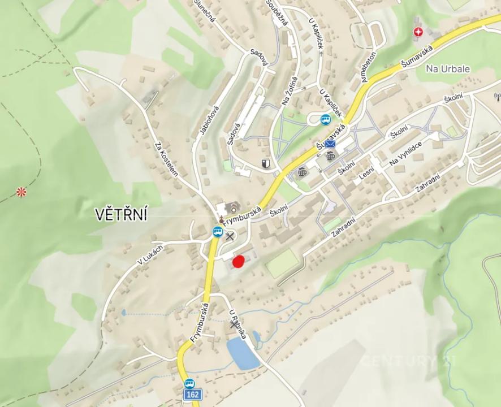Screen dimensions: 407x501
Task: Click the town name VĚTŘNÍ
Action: [x=121, y=214]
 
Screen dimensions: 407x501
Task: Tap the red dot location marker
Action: [x=239, y=261]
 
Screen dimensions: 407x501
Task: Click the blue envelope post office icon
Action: [x=330, y=144]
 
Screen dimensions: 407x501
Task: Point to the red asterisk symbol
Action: [x=21, y=192]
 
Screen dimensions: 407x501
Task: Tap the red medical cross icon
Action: [x=418, y=32]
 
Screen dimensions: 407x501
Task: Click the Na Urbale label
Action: [x=448, y=68]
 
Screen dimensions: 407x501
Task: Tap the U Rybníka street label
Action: [x=237, y=324]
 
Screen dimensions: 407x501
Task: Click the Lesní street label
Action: [x=367, y=173]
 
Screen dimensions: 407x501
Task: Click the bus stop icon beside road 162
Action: [x=189, y=383]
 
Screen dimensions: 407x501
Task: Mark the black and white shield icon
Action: [x=265, y=164]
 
